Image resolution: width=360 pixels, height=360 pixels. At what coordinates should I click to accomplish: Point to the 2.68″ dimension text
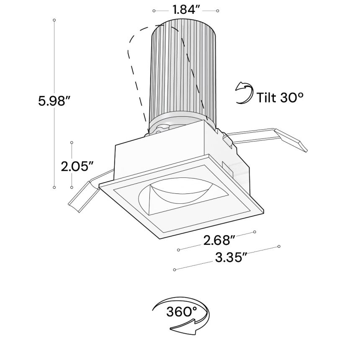pos(217,240)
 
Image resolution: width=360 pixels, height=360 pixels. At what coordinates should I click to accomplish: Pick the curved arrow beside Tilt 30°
pos(244,93)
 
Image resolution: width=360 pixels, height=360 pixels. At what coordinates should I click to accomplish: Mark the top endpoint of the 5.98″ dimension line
pos(54,20)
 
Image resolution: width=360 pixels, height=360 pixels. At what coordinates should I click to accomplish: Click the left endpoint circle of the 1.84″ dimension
pos(154,10)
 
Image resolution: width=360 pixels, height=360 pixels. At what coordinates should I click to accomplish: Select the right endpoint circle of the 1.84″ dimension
pos(217,10)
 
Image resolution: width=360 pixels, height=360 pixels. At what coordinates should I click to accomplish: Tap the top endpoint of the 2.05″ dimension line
pos(72,142)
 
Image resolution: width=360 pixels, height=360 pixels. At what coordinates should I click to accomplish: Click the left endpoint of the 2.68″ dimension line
pos(179,250)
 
